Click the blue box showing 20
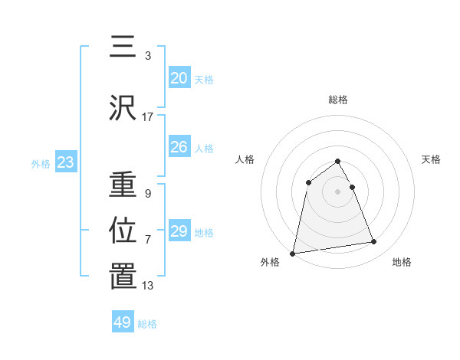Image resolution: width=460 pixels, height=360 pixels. pyautogui.click(x=179, y=78)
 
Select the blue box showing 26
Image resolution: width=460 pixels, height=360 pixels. pyautogui.click(x=179, y=147)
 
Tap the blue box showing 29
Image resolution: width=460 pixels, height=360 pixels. pyautogui.click(x=179, y=231)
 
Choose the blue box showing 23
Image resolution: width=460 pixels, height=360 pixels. pyautogui.click(x=65, y=162)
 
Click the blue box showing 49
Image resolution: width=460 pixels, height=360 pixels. pyautogui.click(x=123, y=322)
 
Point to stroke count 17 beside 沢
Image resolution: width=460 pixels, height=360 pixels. pyautogui.click(x=148, y=117)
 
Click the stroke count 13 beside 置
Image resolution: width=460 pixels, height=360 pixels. pyautogui.click(x=148, y=286)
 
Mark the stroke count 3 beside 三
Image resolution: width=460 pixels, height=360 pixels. pyautogui.click(x=148, y=56)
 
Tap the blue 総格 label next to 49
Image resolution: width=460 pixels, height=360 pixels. pyautogui.click(x=147, y=324)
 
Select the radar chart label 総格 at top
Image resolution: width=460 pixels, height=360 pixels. pyautogui.click(x=338, y=100)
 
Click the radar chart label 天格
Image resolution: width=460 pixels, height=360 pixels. pyautogui.click(x=432, y=159)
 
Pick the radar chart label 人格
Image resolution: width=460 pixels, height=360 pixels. pyautogui.click(x=245, y=159)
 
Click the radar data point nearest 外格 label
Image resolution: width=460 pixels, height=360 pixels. pyautogui.click(x=293, y=253)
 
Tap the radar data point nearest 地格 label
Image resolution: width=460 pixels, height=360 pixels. pyautogui.click(x=374, y=242)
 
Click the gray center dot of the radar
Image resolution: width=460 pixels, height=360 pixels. pyautogui.click(x=338, y=191)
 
